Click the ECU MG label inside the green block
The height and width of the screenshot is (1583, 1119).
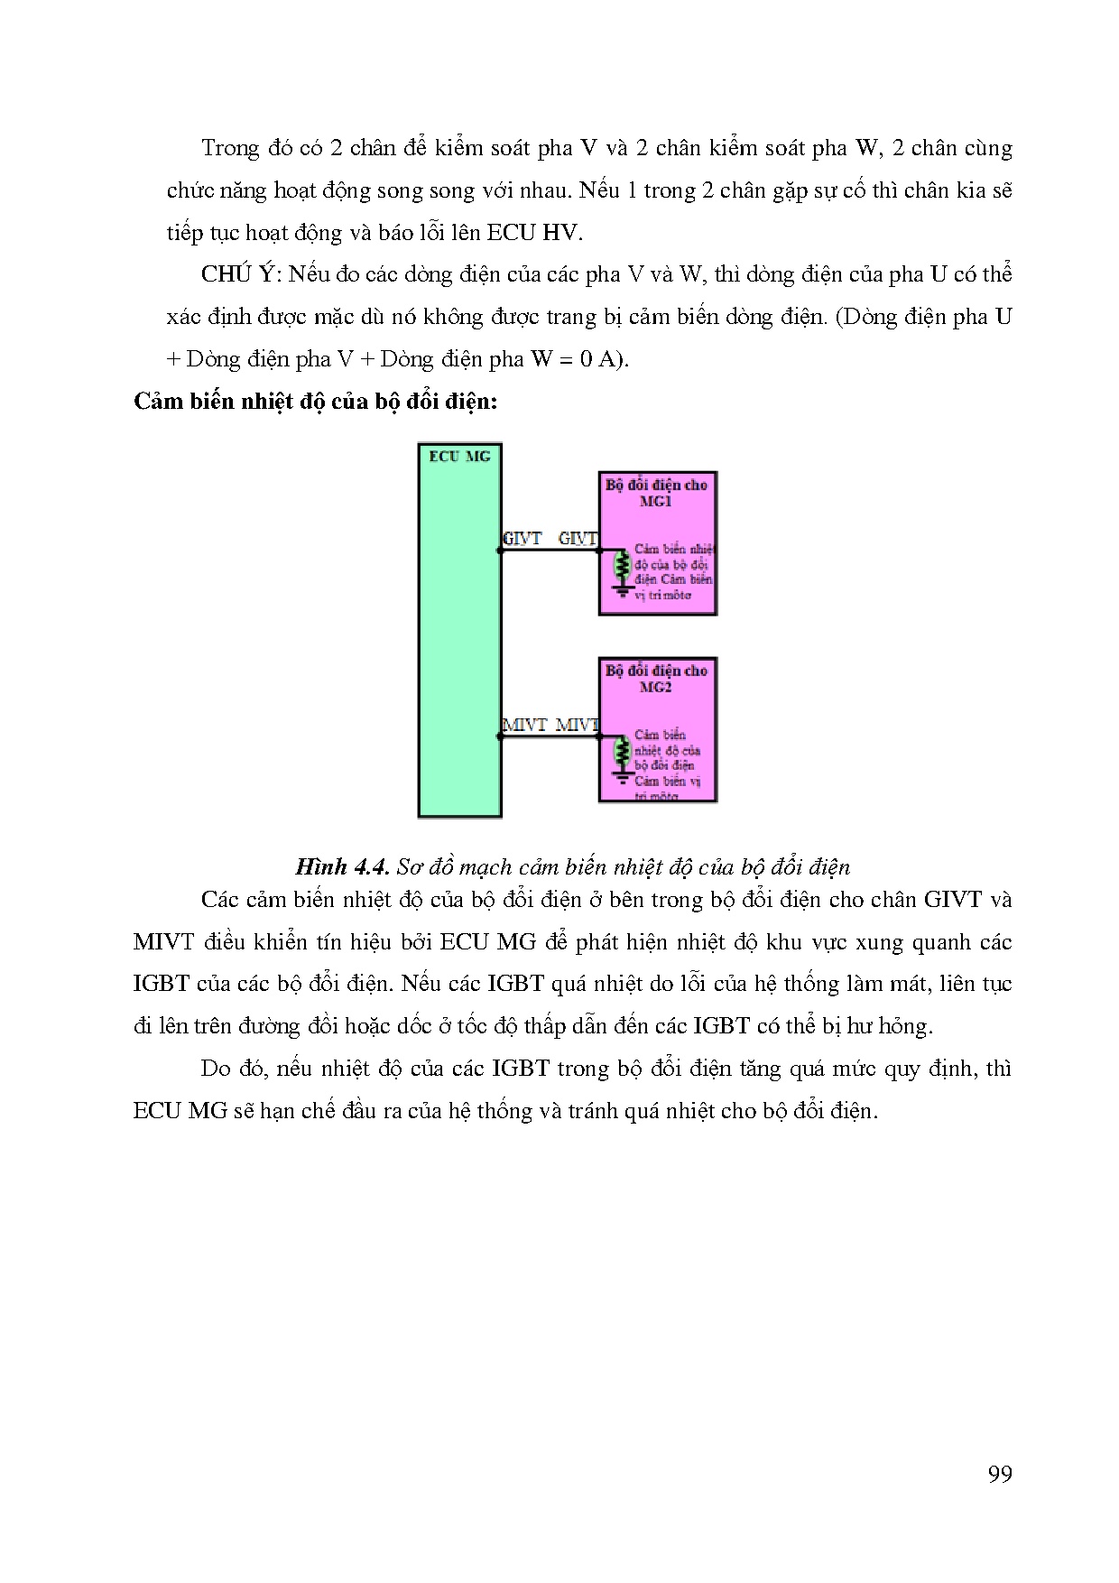(x=459, y=457)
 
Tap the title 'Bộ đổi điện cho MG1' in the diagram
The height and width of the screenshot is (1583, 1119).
(x=657, y=493)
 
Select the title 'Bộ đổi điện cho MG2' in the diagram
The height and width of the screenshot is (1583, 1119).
(x=657, y=679)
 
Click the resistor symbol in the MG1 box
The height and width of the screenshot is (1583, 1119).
(x=621, y=566)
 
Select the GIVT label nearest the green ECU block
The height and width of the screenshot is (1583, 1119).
(x=522, y=539)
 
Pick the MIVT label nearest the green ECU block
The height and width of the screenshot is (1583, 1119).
(x=524, y=725)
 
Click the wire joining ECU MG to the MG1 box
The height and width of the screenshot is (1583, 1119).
(x=550, y=550)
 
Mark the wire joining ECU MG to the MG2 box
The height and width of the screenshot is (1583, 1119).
(x=550, y=736)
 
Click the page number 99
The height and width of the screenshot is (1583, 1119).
(x=1000, y=1474)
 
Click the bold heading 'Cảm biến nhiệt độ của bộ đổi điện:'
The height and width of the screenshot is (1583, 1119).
(x=315, y=402)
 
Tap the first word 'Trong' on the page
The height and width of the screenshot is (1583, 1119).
(x=231, y=148)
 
